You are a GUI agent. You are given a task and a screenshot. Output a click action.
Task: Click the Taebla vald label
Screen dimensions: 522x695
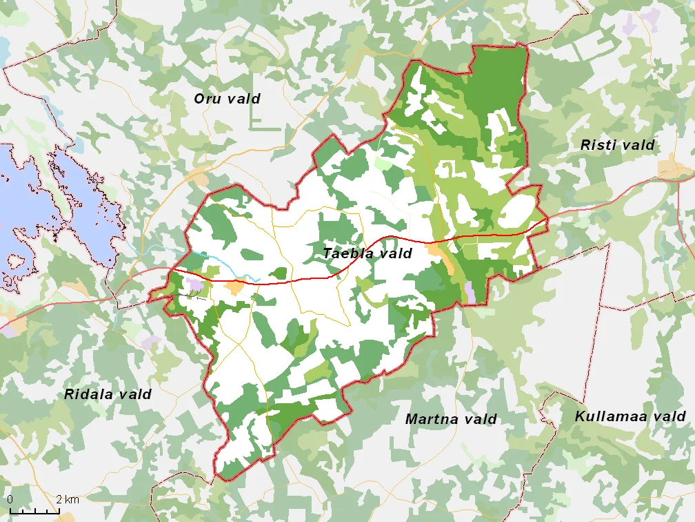click(x=367, y=253)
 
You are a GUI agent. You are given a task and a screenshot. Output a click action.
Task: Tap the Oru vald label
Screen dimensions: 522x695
click(x=227, y=99)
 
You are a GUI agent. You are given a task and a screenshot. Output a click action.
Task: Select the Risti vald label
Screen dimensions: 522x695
click(x=617, y=145)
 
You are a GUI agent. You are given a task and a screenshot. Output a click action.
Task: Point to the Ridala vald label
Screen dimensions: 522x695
click(x=108, y=395)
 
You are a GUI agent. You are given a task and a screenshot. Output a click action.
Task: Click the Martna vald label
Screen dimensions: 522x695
click(x=450, y=419)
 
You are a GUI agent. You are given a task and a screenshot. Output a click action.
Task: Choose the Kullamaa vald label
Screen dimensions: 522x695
click(x=630, y=416)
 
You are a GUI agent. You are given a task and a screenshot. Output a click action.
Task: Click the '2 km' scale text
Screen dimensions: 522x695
click(x=68, y=499)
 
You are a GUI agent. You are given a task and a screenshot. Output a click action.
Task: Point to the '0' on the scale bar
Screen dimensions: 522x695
click(x=10, y=499)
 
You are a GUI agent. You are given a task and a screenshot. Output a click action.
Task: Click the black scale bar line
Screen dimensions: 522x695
click(x=34, y=512)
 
